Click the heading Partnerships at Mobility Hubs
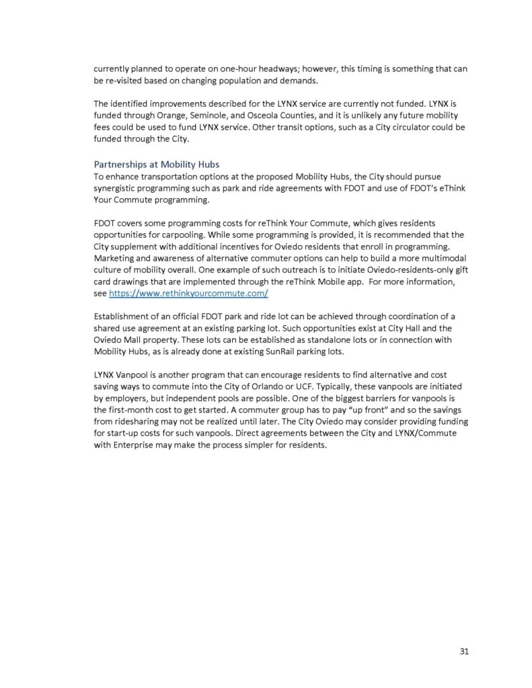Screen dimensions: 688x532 coord(156,164)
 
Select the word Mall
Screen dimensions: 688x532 coord(138,340)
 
